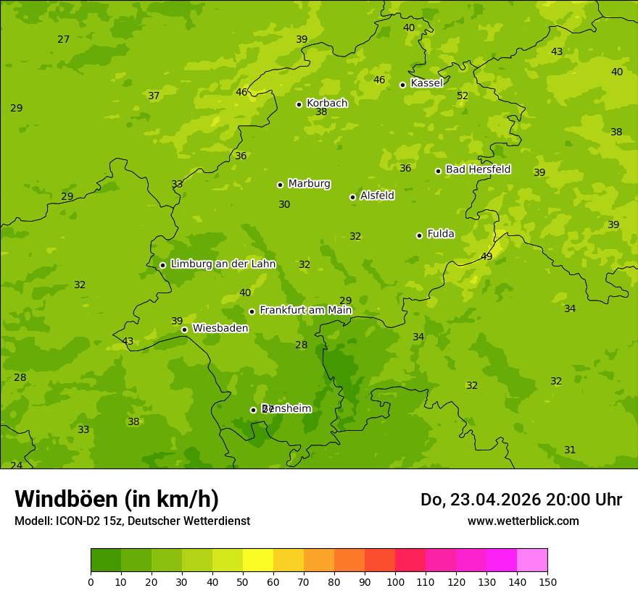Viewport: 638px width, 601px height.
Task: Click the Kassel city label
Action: pyautogui.click(x=426, y=83)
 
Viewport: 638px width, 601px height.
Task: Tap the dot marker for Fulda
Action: pyautogui.click(x=419, y=235)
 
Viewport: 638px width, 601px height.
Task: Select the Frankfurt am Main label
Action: pyautogui.click(x=305, y=311)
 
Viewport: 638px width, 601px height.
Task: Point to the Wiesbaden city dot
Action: pyautogui.click(x=184, y=329)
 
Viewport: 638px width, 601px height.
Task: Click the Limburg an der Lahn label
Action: pyautogui.click(x=223, y=264)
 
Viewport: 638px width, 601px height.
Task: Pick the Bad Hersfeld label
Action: pyautogui.click(x=478, y=169)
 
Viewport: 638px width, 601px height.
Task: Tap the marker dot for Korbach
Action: pyautogui.click(x=299, y=104)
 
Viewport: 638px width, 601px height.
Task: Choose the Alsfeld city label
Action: pyautogui.click(x=377, y=196)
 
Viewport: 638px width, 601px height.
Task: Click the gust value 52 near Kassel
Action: pyautogui.click(x=463, y=96)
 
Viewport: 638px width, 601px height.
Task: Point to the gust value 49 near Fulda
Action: pyautogui.click(x=486, y=256)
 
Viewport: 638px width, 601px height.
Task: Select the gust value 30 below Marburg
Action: pyautogui.click(x=284, y=205)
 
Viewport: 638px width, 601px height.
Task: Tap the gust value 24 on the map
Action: pyautogui.click(x=16, y=465)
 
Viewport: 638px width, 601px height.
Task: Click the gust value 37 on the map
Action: pyautogui.click(x=154, y=96)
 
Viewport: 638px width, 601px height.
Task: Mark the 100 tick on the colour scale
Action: pyautogui.click(x=395, y=581)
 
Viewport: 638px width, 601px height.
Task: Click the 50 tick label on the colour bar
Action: pyautogui.click(x=243, y=581)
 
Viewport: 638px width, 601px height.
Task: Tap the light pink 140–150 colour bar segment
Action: pyautogui.click(x=532, y=560)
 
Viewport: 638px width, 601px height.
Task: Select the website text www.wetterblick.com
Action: pyautogui.click(x=523, y=521)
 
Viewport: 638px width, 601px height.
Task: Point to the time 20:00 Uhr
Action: pyautogui.click(x=579, y=500)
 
